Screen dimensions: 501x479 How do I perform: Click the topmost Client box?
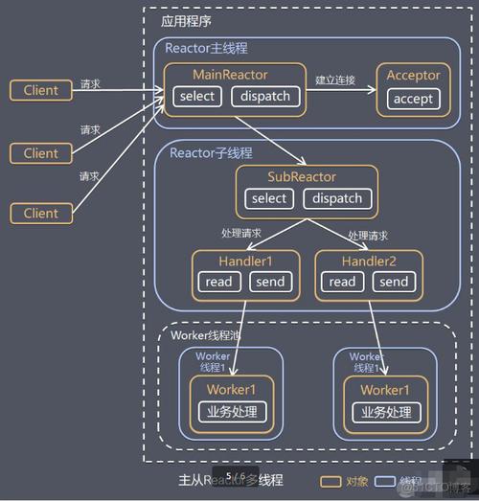point(40,90)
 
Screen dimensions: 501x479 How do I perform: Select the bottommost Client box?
point(40,213)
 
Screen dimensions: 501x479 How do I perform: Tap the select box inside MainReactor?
point(197,96)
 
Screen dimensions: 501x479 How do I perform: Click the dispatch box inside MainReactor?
point(265,96)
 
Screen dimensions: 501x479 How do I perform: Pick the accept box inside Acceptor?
point(413,99)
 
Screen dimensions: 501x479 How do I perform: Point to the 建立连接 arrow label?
point(335,80)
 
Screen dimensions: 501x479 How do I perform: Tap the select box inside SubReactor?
point(269,198)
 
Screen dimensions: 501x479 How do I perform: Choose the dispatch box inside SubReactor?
point(336,198)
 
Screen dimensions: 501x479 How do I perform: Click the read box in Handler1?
point(217,282)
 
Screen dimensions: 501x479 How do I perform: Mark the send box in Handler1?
point(269,282)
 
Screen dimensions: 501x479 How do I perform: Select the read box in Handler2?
point(341,282)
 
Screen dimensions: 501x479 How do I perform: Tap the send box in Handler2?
point(393,282)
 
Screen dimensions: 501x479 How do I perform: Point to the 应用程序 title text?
point(186,19)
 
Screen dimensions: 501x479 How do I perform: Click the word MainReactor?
point(230,75)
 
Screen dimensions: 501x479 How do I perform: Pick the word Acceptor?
point(413,75)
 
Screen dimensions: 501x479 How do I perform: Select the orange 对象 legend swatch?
point(331,480)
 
